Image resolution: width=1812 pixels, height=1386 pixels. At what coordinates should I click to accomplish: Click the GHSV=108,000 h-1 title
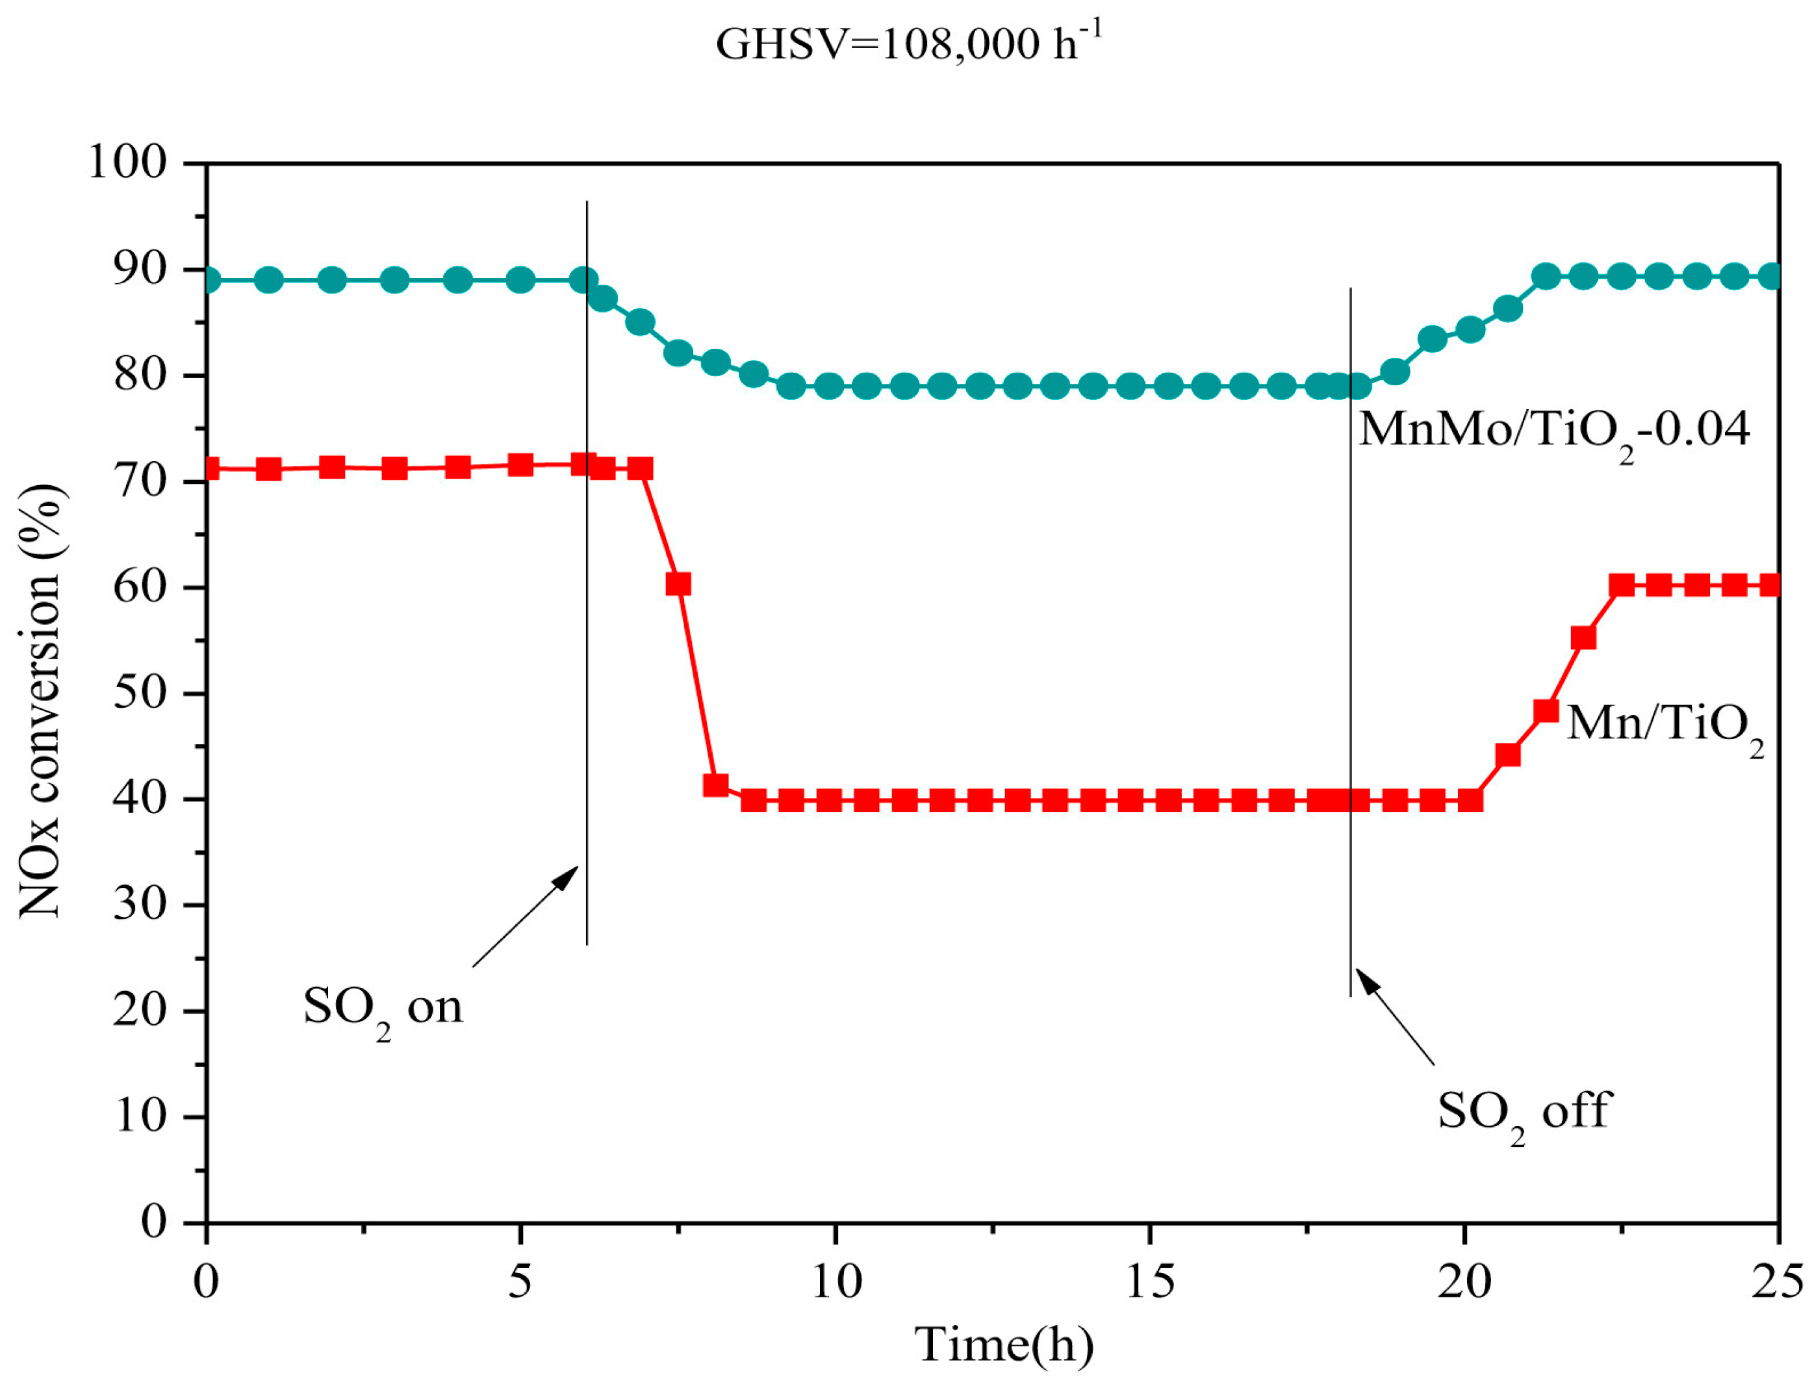tap(908, 43)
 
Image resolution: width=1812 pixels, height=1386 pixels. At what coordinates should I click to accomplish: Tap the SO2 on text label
tap(383, 1008)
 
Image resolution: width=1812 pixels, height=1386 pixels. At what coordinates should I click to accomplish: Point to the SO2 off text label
tap(1523, 1112)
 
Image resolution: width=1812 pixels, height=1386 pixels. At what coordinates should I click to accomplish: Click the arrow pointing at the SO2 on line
tap(526, 915)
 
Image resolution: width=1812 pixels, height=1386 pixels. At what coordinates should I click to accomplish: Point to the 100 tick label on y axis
tap(127, 162)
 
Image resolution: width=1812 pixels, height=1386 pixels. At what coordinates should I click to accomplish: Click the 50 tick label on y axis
tap(140, 693)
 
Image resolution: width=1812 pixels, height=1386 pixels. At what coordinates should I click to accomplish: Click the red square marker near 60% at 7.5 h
tap(678, 584)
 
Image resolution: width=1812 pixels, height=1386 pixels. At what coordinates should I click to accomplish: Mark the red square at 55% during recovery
tap(1583, 638)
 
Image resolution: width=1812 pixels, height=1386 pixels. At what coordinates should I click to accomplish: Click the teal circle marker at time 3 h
tap(395, 281)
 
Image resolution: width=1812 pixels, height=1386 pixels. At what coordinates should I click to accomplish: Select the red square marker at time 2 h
tap(332, 467)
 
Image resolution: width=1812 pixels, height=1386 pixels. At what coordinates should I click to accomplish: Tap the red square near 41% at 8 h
tap(715, 785)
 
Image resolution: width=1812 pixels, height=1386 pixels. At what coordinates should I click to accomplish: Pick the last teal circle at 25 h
tap(1770, 277)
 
